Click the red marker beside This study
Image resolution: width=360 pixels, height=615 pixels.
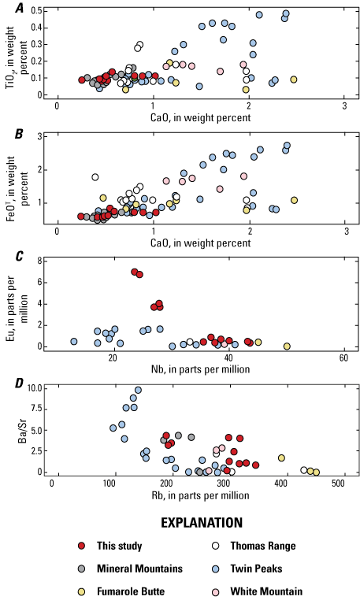tap(83, 546)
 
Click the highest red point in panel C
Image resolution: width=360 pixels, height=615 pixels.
tap(135, 272)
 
